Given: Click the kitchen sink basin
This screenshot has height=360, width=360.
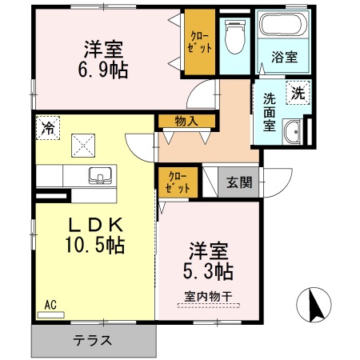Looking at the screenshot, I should coord(101,174).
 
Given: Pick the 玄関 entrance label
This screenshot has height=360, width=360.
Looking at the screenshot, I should coord(238,182).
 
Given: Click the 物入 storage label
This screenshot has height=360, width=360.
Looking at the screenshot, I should coord(187,122).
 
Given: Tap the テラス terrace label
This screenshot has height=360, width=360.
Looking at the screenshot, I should coord(93,340).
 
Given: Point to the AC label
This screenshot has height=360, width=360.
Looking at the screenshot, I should coord(50,303).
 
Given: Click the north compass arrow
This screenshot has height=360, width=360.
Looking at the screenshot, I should coord(314,304).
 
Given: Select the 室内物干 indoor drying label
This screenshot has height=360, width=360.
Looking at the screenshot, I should coord(208,295).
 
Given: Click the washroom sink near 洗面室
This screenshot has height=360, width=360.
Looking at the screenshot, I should coord(293,131).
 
